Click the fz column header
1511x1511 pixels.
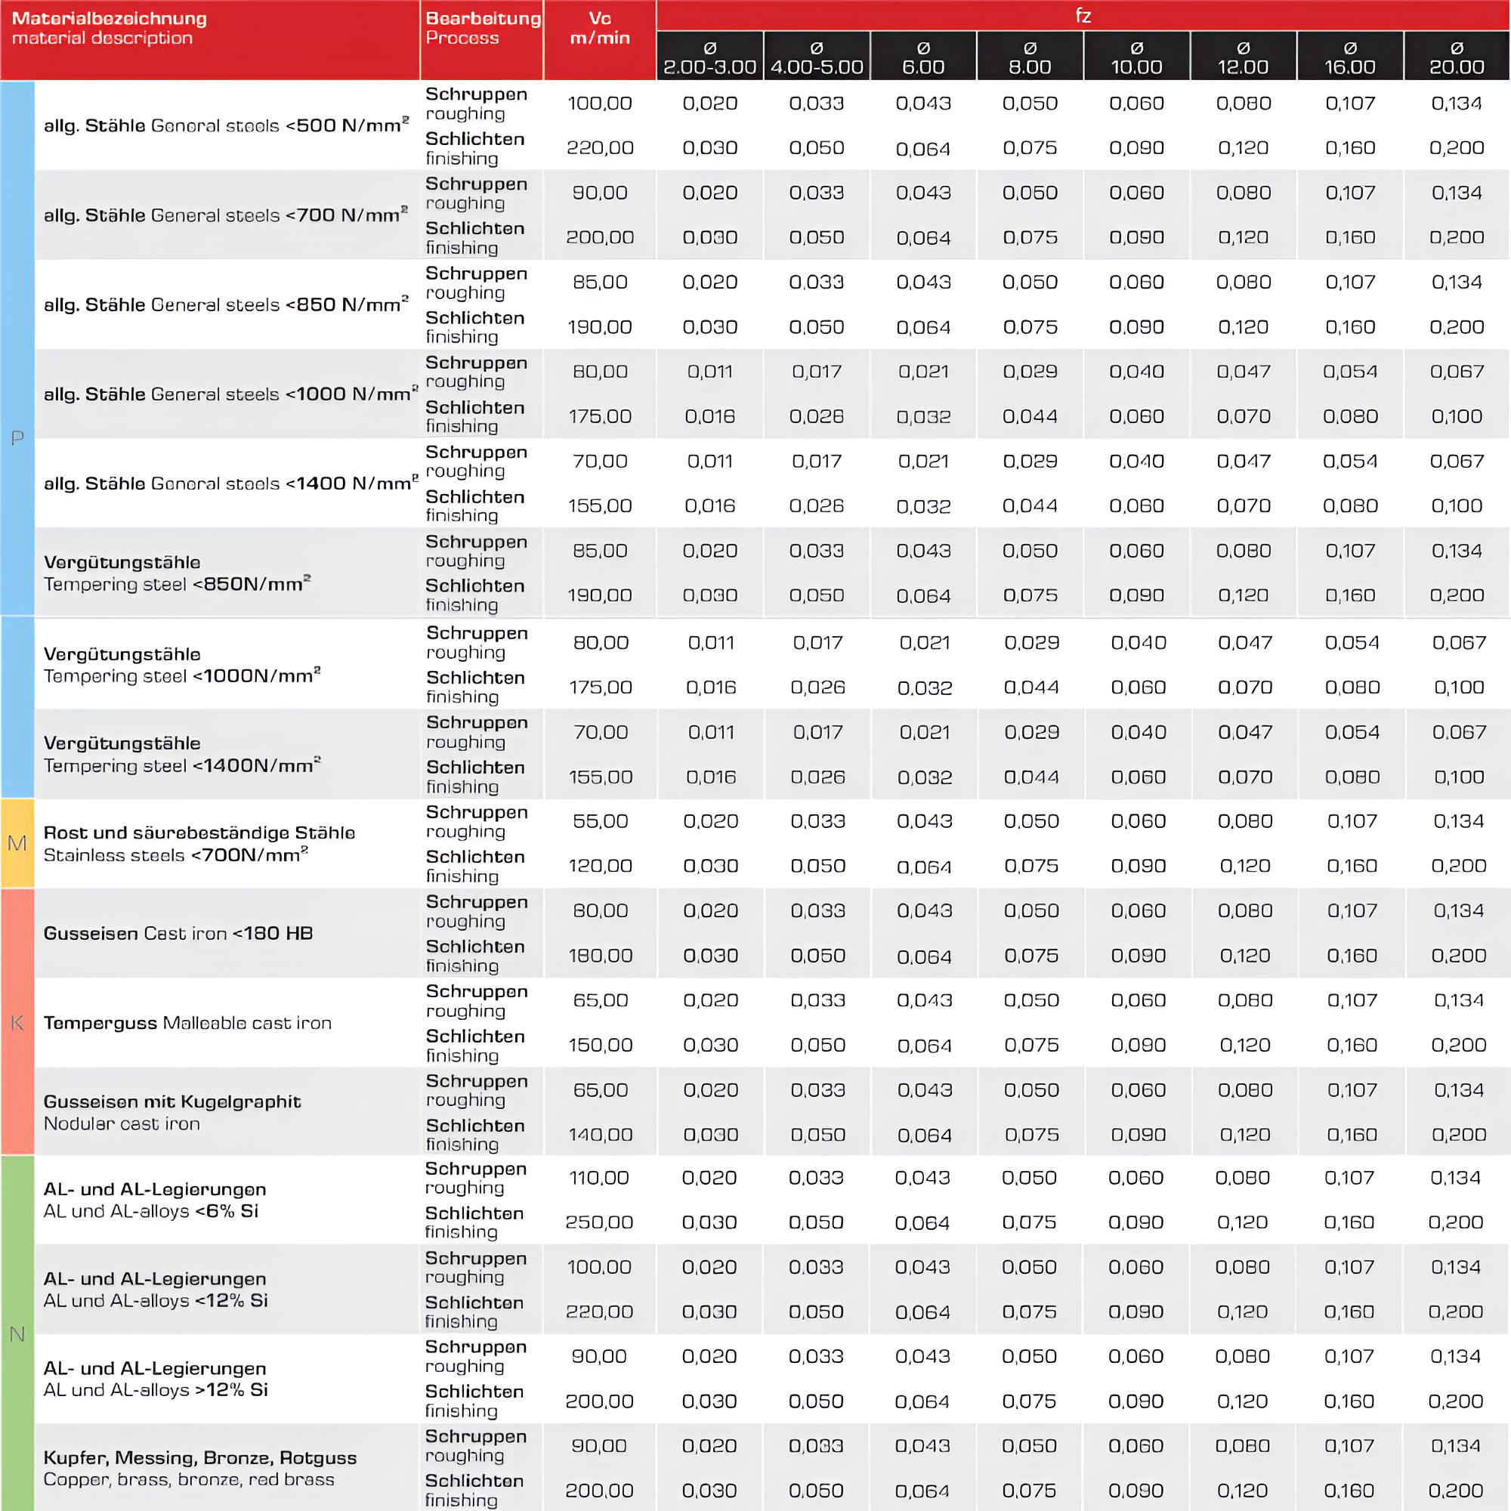click(1083, 16)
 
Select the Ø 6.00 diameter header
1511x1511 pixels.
click(923, 57)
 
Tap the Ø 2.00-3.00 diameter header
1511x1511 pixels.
click(709, 57)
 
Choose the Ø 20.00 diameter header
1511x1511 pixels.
click(1457, 57)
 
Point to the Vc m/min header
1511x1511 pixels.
click(600, 28)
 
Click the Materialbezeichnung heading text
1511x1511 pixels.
click(110, 18)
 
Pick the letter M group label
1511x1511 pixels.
click(17, 843)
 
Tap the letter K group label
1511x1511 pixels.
click(17, 1023)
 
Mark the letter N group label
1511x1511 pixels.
click(17, 1334)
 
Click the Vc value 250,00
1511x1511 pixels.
click(599, 1222)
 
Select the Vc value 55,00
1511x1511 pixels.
click(600, 821)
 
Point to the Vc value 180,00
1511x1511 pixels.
click(600, 956)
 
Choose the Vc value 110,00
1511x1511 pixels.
click(599, 1178)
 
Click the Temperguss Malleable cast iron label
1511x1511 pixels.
click(187, 1023)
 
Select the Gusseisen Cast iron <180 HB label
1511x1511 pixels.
click(178, 933)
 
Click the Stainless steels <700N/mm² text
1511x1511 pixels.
click(176, 854)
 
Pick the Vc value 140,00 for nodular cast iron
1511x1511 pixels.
click(600, 1135)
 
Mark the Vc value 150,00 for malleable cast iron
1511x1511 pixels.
click(600, 1045)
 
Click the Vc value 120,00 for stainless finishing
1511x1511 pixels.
click(600, 866)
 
